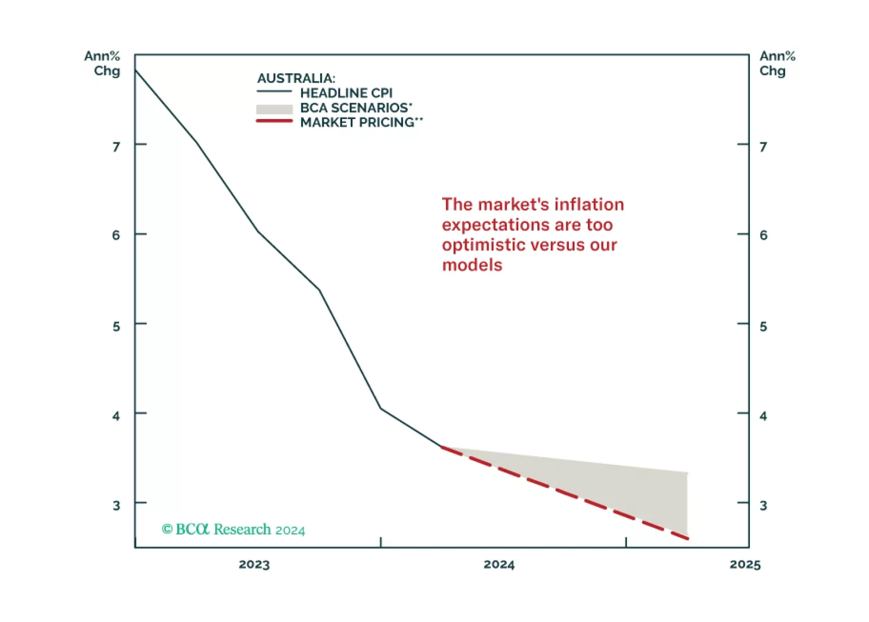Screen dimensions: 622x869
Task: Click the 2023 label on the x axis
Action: (254, 564)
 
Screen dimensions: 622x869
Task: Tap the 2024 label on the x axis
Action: (499, 564)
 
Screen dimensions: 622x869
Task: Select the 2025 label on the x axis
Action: (744, 564)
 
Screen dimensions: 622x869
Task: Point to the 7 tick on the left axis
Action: (116, 147)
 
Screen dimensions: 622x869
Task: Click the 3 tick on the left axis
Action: (116, 505)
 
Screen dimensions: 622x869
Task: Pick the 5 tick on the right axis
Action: (764, 326)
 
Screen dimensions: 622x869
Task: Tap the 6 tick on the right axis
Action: (764, 235)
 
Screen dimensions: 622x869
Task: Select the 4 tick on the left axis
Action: (116, 416)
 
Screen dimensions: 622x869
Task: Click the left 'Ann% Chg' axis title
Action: (103, 64)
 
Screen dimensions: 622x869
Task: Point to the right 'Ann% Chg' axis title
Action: (777, 64)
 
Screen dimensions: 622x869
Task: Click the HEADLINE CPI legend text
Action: (346, 93)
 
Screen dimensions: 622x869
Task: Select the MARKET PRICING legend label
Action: (361, 122)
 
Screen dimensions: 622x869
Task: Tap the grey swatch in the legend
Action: (274, 109)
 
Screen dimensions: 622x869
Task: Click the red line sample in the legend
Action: (274, 121)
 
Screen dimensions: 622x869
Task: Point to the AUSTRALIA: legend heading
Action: (296, 78)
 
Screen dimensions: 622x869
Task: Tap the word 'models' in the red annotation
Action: (472, 265)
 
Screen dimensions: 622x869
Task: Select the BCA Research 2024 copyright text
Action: (233, 530)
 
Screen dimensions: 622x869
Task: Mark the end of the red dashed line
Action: (688, 538)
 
